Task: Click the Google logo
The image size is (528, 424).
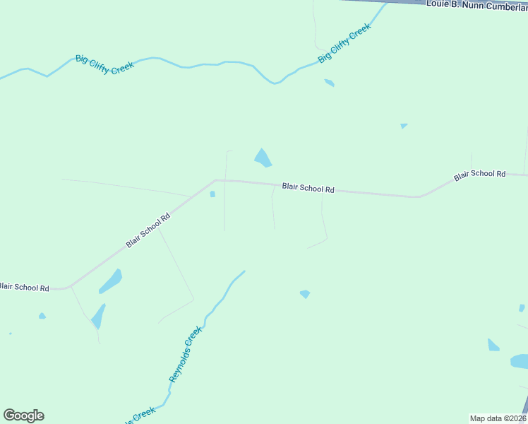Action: coord(23,416)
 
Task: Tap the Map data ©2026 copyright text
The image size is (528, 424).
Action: coord(498,418)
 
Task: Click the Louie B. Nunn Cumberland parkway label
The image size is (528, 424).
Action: coord(476,4)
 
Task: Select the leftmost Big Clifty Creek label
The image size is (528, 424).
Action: coord(104,64)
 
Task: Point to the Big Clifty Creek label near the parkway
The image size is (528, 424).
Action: coord(344,43)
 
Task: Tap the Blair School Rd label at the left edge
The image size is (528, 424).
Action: coord(25,288)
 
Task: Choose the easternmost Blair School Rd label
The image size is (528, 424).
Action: coord(480,174)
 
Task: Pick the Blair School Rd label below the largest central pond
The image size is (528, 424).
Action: coord(308,189)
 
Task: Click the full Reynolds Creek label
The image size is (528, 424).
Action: coord(186,355)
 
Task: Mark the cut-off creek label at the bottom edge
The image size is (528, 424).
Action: coord(141,415)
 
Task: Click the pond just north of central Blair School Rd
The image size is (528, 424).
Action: coord(263,158)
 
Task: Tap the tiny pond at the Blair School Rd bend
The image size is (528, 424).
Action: coord(212,194)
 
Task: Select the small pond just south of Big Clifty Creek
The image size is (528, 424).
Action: coord(329,83)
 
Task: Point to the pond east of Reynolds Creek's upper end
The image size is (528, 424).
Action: coord(305,294)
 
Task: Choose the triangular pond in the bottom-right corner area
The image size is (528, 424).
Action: coord(493,345)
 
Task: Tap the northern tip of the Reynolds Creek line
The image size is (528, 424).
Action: coord(244,271)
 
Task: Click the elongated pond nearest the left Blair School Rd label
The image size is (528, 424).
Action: coord(110,281)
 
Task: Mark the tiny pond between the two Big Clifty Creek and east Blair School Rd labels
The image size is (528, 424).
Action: coord(404,126)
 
